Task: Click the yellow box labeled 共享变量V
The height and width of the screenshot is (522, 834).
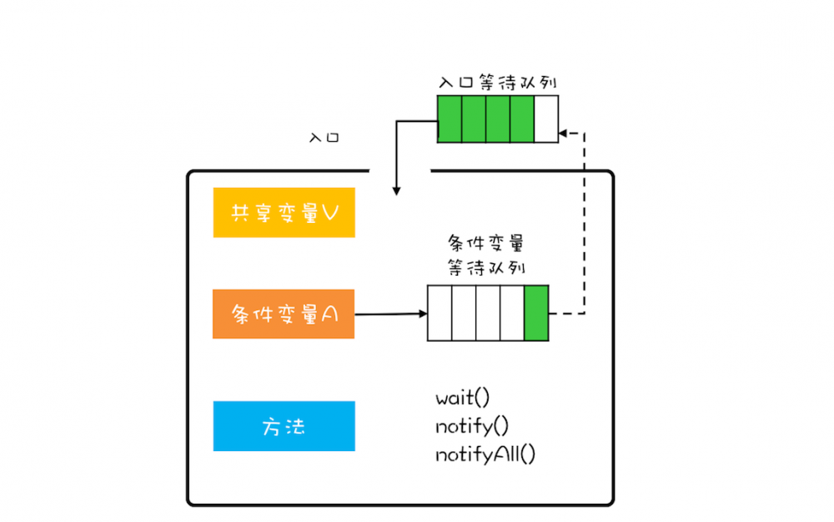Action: click(284, 212)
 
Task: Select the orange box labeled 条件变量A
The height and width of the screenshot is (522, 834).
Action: click(284, 314)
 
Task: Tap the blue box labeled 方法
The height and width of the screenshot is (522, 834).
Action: click(284, 426)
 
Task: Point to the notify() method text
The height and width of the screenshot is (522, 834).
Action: click(471, 426)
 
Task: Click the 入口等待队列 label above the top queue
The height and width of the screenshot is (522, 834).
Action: click(498, 83)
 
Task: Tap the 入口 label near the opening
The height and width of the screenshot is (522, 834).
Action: click(324, 137)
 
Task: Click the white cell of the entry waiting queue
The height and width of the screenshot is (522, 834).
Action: click(545, 119)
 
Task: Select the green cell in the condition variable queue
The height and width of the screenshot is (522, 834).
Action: click(536, 313)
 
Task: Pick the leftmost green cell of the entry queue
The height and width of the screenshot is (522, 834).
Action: click(450, 119)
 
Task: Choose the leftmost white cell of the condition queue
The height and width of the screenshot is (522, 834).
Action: click(440, 313)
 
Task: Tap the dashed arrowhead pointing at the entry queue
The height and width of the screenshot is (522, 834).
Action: click(564, 132)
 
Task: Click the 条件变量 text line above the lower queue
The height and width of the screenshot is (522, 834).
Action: click(486, 244)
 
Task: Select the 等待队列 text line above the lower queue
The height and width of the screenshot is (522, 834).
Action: click(486, 266)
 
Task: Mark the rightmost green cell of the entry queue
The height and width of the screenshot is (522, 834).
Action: click(521, 119)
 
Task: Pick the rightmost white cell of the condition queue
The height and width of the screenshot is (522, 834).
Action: click(512, 313)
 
